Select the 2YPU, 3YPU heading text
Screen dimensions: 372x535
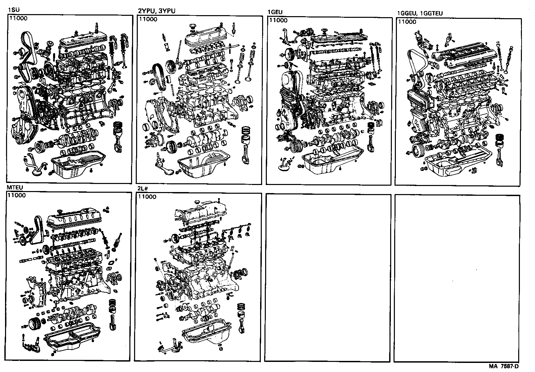pyautogui.click(x=157, y=11)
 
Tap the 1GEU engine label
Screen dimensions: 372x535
pyautogui.click(x=275, y=12)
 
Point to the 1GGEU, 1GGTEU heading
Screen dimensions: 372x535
pyautogui.click(x=420, y=13)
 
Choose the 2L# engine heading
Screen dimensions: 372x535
pyautogui.click(x=142, y=189)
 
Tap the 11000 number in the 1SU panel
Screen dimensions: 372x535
pyautogui.click(x=18, y=18)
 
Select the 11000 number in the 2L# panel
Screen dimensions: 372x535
pyautogui.click(x=147, y=197)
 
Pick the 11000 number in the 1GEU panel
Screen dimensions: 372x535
pyautogui.click(x=278, y=20)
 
